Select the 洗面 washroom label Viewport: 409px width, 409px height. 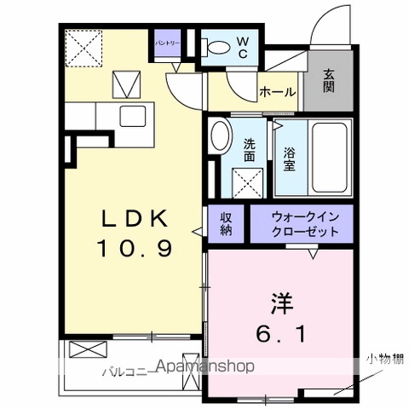(x=250, y=150)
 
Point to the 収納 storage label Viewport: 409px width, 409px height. (x=226, y=224)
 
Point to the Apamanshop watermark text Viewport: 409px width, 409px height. (x=204, y=367)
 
